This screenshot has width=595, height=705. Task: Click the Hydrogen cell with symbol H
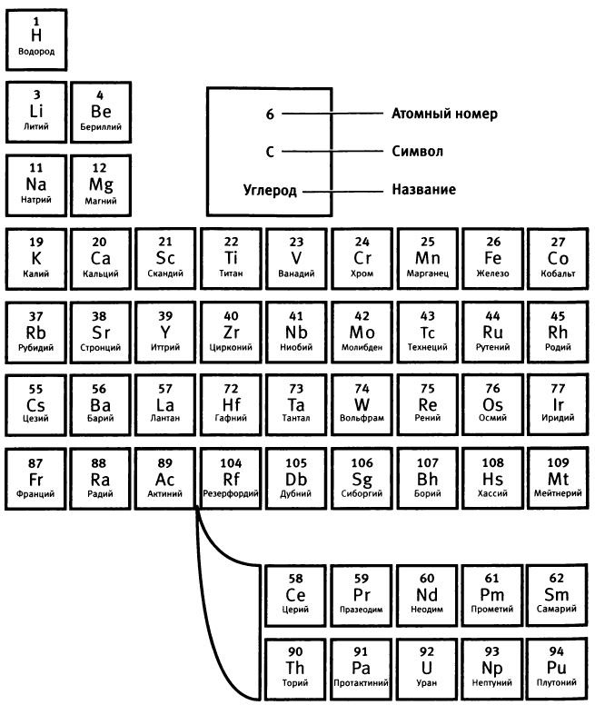click(36, 35)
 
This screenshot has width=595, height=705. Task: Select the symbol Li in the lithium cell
click(36, 111)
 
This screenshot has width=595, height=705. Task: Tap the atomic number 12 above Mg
click(100, 168)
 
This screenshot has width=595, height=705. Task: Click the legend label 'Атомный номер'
click(444, 114)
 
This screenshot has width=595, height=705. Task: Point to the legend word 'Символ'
click(417, 152)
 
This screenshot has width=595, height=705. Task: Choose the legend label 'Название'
click(423, 190)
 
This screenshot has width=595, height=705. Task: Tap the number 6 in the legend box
click(270, 114)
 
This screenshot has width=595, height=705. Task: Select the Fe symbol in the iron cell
click(493, 257)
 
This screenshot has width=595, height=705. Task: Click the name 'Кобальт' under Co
click(559, 273)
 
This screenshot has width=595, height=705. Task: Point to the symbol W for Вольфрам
click(362, 402)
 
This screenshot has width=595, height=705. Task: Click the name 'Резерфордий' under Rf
click(232, 494)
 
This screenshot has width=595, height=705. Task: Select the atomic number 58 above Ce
click(296, 578)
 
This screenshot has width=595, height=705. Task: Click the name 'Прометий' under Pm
click(493, 610)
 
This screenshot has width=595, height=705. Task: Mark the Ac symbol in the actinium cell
click(165, 478)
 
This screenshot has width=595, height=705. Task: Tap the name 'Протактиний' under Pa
click(362, 682)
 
